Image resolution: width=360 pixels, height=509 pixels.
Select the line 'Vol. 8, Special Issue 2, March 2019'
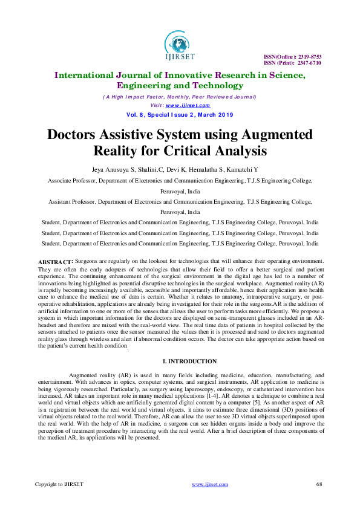pos(180,114)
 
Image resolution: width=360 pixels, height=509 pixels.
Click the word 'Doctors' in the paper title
pos(77,134)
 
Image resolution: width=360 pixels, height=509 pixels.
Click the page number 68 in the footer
pos(319,484)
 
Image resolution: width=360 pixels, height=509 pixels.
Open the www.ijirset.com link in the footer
pos(209,484)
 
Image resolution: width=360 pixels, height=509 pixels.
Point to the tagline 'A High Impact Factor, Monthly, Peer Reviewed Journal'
pos(180,97)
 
